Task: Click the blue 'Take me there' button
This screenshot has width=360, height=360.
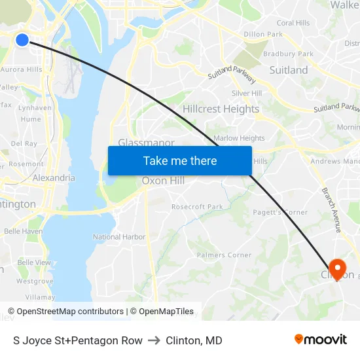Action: (180, 160)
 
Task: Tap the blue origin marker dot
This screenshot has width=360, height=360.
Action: (22, 40)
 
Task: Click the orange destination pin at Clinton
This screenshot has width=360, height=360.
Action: (338, 269)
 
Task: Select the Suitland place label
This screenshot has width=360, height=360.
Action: (288, 70)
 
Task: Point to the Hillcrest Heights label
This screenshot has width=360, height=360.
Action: (221, 109)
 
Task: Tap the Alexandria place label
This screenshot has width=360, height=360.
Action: (54, 177)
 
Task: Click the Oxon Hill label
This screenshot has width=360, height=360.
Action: (163, 181)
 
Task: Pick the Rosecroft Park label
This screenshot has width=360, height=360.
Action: (197, 207)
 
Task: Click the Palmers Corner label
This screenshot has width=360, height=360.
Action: (220, 255)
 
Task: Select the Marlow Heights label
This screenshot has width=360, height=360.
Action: (239, 138)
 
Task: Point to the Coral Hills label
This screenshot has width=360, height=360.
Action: (293, 23)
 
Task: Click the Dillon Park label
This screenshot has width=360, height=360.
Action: (263, 34)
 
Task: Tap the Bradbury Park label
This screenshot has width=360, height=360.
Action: (288, 54)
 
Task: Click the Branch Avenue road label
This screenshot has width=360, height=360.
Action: (331, 210)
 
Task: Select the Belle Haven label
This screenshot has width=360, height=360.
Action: (23, 231)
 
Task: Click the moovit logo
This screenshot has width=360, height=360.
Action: (320, 340)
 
